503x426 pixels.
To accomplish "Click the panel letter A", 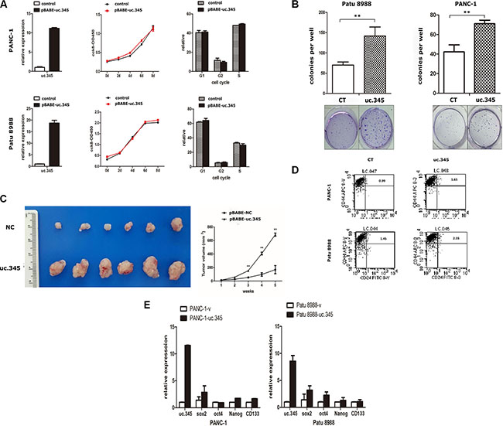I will click(5, 5).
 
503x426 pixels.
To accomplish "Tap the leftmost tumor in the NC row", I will click(59, 228).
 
